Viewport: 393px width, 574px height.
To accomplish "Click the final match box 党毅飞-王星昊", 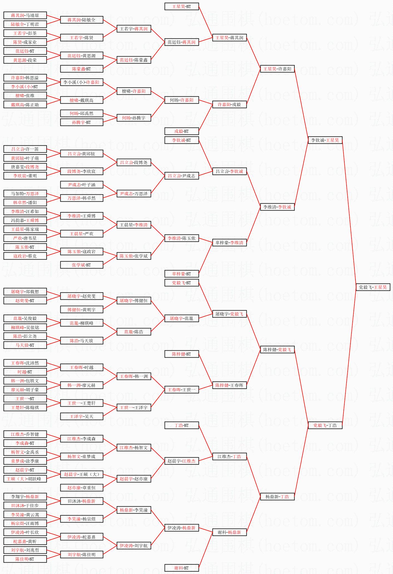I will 373,287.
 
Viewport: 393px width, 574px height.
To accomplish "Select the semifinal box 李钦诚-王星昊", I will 325,140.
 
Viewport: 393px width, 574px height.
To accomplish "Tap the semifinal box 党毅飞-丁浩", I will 325,425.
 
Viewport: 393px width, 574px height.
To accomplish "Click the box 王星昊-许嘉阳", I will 277,69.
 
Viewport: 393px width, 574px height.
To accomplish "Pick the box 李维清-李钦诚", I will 277,207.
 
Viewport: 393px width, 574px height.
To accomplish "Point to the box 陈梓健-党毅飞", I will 277,350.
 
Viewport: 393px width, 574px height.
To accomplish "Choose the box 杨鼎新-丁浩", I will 277,497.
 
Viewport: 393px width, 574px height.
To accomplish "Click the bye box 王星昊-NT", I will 182,6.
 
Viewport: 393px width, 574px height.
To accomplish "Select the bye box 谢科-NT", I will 182,568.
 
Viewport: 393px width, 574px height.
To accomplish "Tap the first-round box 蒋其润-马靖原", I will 25,15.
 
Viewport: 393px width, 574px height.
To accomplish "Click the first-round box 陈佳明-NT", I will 25,559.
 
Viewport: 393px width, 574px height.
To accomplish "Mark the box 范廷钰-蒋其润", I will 182,42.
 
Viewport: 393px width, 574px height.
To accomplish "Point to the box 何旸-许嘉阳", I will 182,100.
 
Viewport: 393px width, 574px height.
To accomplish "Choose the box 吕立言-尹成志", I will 182,176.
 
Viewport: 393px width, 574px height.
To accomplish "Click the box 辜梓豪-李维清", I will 229,243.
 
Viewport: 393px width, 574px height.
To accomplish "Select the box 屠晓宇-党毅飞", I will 229,314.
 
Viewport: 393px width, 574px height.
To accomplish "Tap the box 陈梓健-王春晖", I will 229,385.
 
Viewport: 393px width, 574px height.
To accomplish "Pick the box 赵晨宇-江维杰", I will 182,461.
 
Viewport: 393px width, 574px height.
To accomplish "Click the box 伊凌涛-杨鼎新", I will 182,528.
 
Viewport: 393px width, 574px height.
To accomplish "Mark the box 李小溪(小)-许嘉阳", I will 81,82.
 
